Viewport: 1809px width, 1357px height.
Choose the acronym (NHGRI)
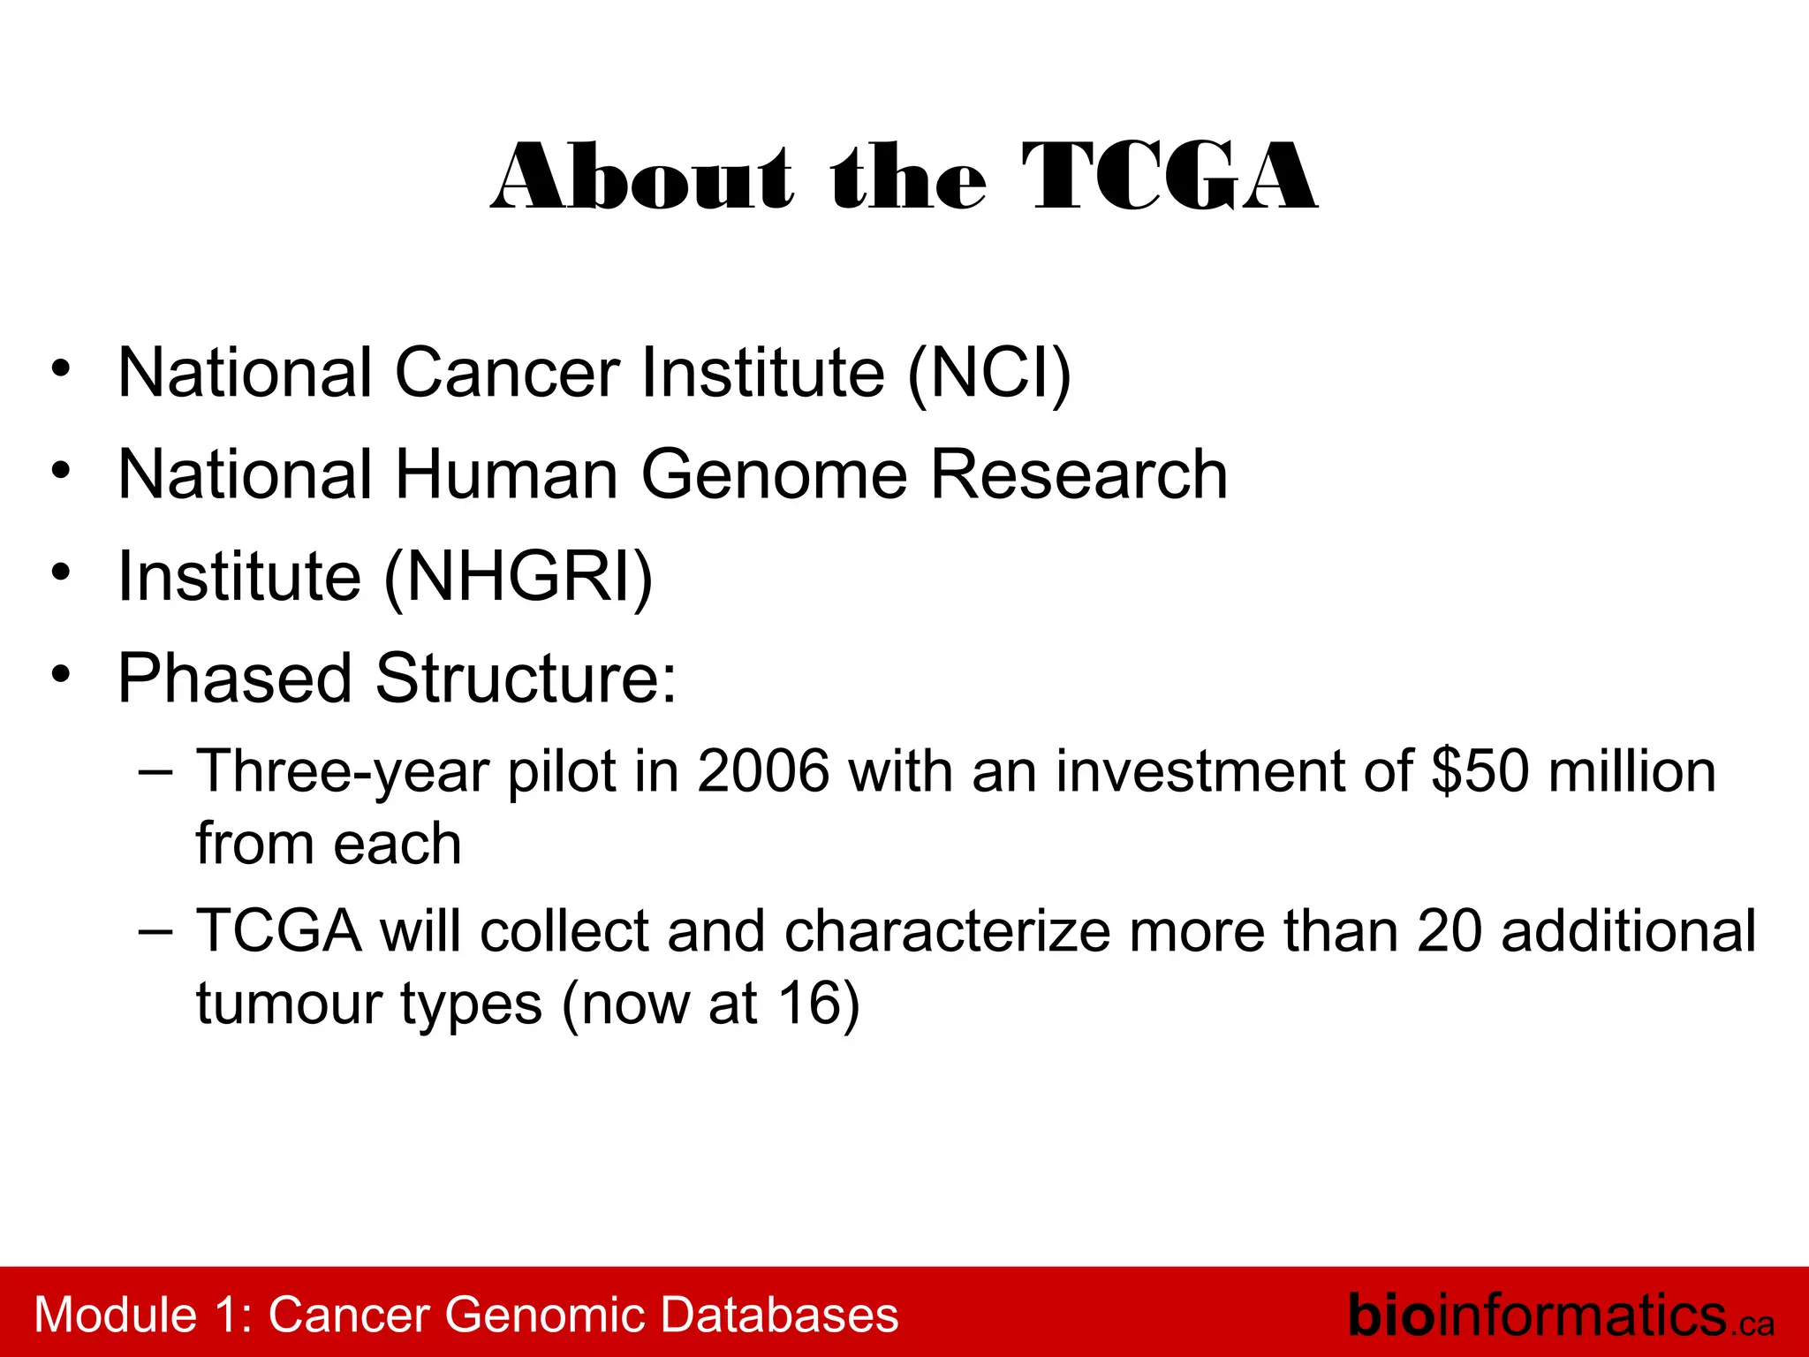518,577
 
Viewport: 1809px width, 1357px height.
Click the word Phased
235,678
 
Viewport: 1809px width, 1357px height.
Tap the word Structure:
526,678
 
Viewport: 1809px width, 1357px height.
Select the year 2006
763,771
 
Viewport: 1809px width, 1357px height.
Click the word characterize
947,931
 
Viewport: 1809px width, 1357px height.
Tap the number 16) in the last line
818,1004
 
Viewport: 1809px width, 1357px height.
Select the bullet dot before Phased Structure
60,674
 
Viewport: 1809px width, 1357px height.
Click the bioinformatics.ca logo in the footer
1560,1315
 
